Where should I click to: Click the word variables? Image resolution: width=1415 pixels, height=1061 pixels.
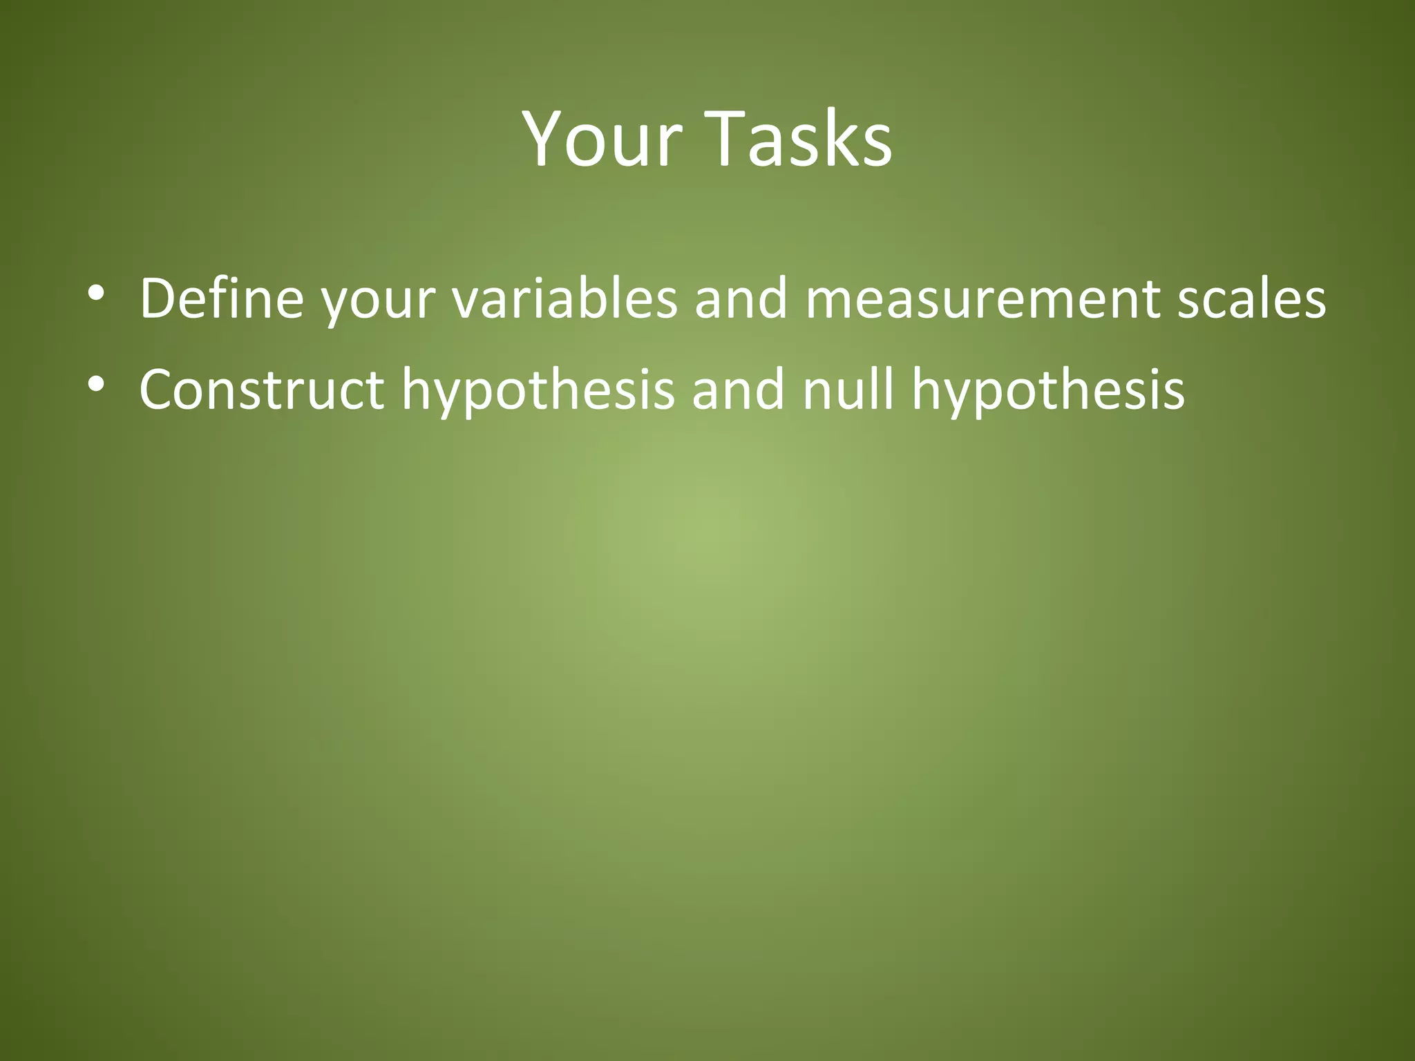(564, 298)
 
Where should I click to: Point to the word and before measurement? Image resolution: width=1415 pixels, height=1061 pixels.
(741, 298)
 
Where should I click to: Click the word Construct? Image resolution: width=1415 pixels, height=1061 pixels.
(261, 389)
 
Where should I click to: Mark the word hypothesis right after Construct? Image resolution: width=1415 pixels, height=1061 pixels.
(538, 392)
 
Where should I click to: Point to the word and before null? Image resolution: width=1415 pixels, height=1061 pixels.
(738, 389)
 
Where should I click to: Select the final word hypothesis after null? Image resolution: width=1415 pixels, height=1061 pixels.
(1047, 392)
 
